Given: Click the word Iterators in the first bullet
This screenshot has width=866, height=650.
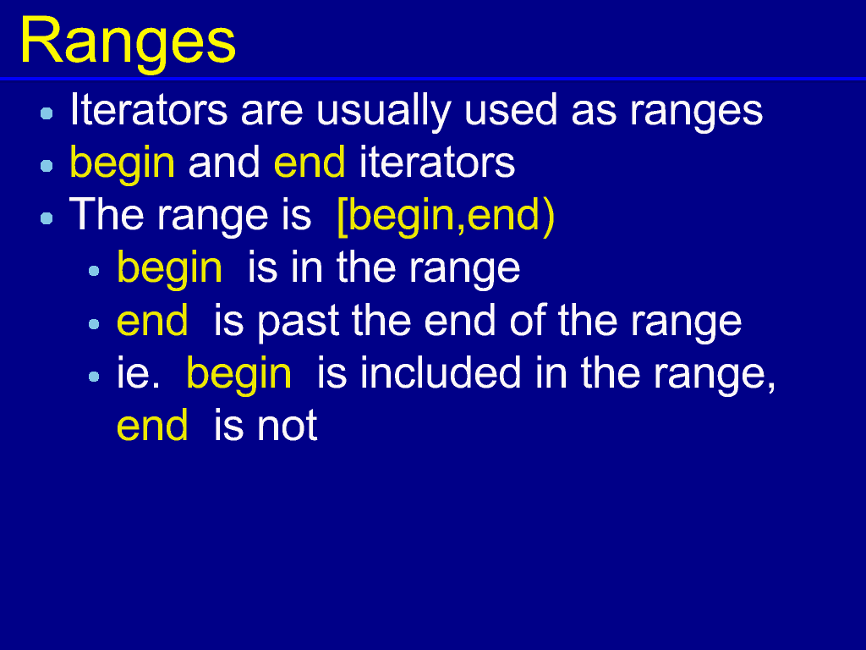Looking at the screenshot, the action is pos(149,109).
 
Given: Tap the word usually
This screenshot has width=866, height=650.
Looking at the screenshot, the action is pos(383,113).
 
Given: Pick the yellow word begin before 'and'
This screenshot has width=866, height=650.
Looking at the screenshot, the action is pos(122,164).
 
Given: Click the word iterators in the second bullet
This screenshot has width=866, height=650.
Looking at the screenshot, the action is pos(437,162).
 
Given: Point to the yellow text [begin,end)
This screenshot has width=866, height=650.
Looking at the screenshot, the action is pos(446,216).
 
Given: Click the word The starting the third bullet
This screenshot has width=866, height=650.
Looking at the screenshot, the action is pos(107,214).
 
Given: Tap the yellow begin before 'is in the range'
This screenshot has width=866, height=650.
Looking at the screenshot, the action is pos(169,269).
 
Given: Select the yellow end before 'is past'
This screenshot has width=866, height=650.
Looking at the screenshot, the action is pos(152,320).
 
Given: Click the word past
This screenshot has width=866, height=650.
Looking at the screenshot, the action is pos(299,322).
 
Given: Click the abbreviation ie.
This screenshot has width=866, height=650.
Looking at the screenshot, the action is pos(138,372).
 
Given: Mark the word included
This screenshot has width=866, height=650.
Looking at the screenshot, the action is pos(441,372).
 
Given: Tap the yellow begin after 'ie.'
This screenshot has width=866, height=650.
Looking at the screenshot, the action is pos(239,375).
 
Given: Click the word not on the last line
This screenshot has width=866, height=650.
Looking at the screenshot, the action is pos(288,427).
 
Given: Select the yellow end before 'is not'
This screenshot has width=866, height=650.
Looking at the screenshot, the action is pos(152,425).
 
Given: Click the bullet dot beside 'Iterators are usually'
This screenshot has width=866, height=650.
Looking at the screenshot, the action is pos(47,113).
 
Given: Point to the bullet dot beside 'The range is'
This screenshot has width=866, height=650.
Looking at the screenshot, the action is pos(47,218).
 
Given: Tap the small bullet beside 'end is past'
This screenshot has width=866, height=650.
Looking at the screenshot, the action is pos(94,323).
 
